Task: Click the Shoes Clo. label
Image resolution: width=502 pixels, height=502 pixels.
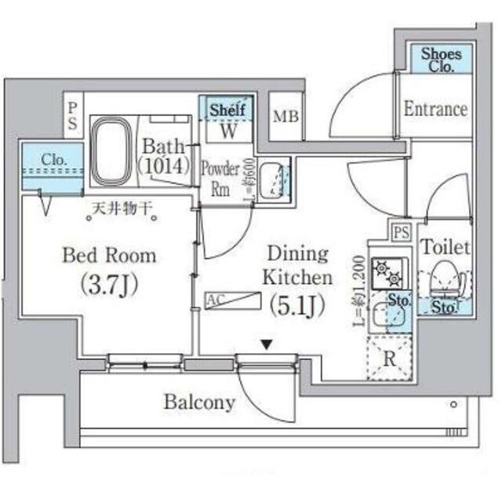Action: tap(442, 59)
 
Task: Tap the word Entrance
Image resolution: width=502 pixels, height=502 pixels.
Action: tap(435, 109)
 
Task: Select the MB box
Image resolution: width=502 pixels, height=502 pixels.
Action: tap(285, 117)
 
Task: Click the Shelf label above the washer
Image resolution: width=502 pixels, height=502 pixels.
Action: tap(227, 109)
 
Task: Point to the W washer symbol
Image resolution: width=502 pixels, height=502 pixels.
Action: tap(227, 130)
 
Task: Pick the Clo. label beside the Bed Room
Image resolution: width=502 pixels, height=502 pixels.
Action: tap(53, 160)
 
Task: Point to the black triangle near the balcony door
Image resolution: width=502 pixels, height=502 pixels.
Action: tap(267, 344)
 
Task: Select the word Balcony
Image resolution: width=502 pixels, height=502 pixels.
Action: tap(199, 403)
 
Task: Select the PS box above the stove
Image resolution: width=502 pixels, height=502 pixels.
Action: tap(402, 231)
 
